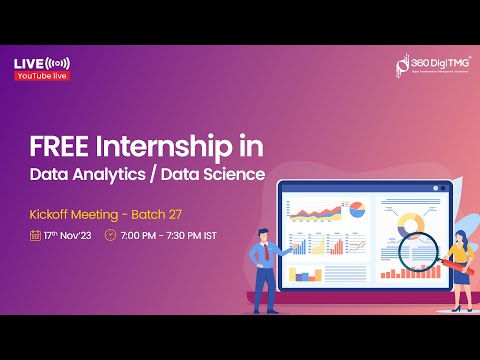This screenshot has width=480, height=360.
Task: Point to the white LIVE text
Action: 28,64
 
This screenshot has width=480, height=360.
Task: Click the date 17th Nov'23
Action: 68,236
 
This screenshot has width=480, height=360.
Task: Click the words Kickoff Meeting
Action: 76,213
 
